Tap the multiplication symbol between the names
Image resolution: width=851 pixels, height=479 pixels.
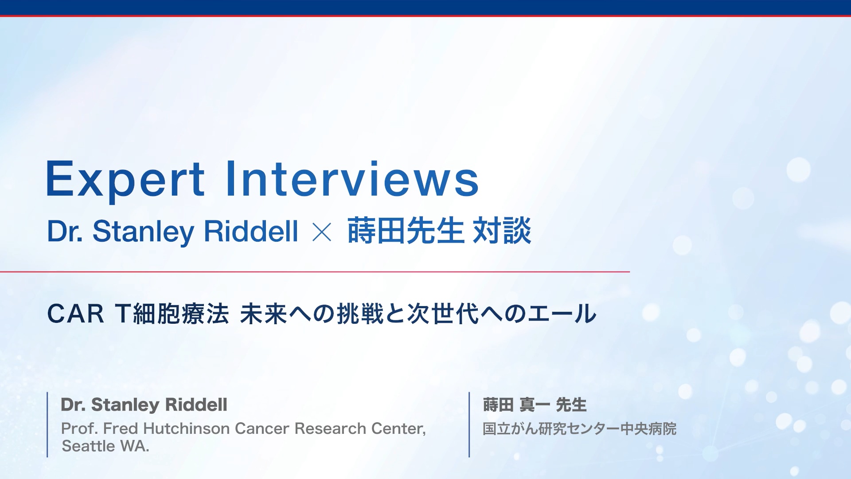point(322,232)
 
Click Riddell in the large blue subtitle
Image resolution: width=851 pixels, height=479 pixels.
point(251,231)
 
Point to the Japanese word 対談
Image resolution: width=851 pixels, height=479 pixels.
point(502,231)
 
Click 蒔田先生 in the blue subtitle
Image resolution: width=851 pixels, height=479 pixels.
point(405,231)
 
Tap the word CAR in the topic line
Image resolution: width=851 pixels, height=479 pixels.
point(75,314)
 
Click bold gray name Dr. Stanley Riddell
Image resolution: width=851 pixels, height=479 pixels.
point(144,405)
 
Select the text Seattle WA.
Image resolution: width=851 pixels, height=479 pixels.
point(105,446)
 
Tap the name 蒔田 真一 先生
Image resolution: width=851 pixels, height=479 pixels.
point(535,405)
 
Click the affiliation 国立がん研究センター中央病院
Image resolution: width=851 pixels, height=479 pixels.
point(579,429)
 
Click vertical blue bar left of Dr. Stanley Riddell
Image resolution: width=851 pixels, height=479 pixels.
point(47,424)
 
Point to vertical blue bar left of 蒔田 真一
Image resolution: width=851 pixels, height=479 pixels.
point(469,424)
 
